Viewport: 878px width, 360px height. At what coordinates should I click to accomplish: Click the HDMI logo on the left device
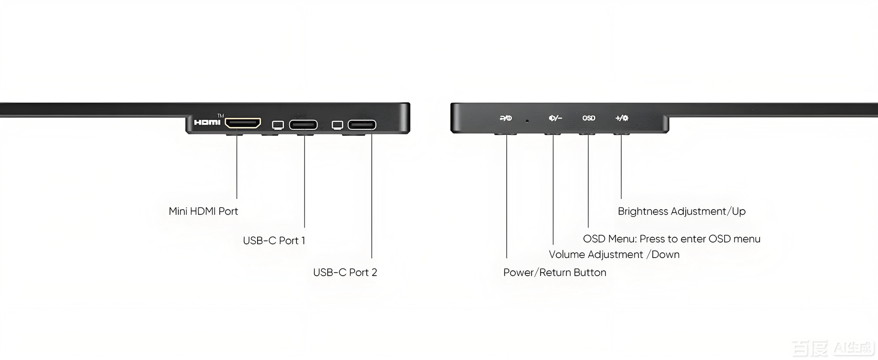click(207, 122)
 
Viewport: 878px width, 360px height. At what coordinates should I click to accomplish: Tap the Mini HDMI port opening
click(243, 123)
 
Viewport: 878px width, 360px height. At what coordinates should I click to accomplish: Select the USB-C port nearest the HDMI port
click(303, 125)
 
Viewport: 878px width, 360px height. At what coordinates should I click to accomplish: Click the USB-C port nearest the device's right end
click(362, 125)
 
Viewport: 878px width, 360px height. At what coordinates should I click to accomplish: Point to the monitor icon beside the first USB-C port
click(278, 125)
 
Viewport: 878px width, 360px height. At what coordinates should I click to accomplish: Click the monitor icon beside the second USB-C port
click(337, 125)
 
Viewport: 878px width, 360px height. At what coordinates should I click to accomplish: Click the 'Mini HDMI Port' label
click(203, 211)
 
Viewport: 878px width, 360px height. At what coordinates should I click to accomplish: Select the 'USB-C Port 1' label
click(274, 241)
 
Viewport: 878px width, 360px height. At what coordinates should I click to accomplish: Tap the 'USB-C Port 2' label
click(345, 272)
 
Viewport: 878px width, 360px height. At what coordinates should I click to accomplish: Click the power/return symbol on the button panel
click(506, 118)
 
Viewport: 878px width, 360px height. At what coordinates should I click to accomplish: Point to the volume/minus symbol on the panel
click(555, 118)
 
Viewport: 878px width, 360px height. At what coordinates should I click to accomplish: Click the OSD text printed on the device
click(589, 118)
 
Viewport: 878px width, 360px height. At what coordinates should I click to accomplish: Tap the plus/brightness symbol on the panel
click(622, 118)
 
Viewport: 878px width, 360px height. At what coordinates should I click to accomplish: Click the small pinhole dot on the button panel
click(527, 120)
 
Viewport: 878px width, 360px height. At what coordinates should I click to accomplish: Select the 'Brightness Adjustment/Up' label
click(681, 211)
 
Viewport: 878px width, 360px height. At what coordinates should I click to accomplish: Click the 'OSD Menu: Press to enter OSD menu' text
click(671, 239)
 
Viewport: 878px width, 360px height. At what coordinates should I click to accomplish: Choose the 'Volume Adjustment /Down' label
click(614, 254)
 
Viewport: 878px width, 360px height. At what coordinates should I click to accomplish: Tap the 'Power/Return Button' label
click(555, 272)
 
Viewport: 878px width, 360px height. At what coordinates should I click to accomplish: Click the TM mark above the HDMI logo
click(220, 116)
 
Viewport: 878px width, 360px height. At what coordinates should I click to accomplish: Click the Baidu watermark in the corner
click(833, 348)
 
